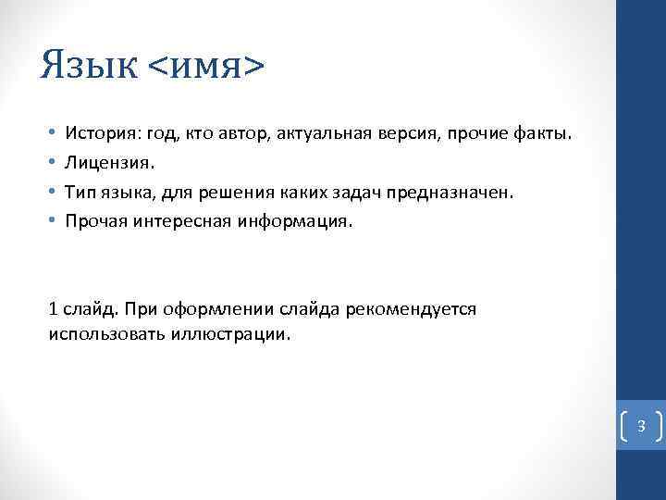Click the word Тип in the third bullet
coord(79,193)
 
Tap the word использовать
coord(105,334)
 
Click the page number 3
coord(640,426)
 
